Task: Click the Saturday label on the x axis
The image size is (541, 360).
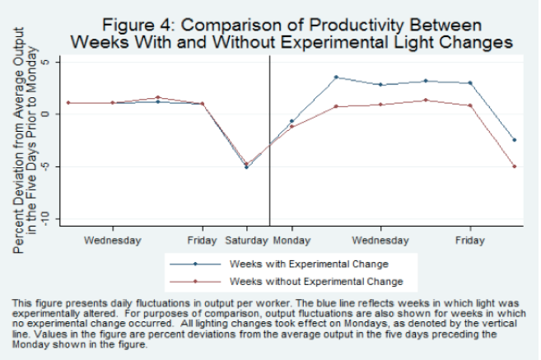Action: [246, 241]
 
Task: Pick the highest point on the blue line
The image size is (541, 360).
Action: [336, 77]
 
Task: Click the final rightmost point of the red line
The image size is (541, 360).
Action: [515, 166]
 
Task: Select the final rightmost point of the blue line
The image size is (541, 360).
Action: [515, 140]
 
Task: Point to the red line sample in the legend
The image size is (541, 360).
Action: [195, 281]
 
